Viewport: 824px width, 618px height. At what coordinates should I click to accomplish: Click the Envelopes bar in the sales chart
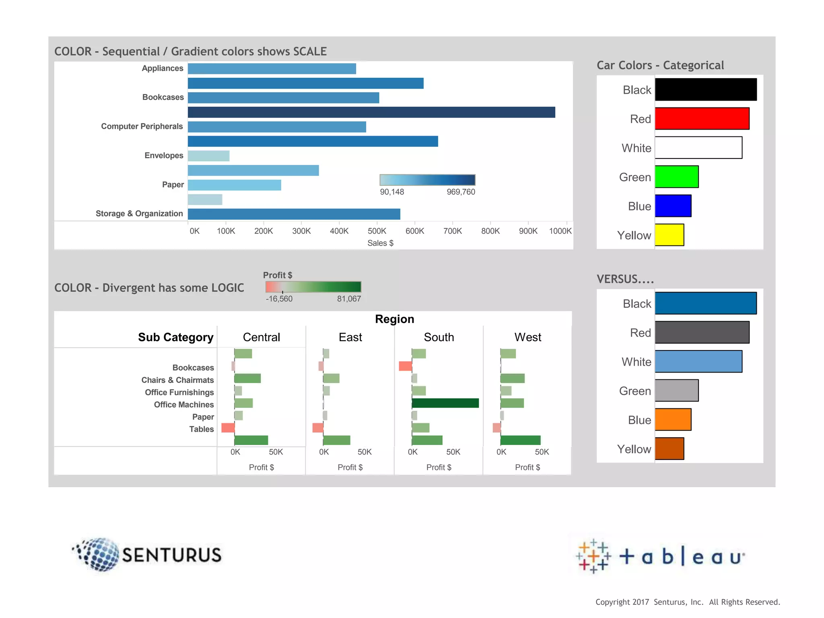click(208, 156)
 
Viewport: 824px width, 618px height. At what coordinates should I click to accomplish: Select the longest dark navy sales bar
click(371, 112)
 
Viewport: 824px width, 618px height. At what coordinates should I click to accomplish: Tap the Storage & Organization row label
click(139, 214)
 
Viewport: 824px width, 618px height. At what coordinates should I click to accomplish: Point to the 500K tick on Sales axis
click(377, 231)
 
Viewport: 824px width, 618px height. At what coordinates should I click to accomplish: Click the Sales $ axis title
click(380, 243)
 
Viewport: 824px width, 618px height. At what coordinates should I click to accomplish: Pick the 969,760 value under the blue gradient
click(461, 192)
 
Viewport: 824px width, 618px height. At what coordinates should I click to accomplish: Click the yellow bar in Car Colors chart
click(669, 235)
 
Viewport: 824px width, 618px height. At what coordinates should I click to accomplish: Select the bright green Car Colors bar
click(676, 177)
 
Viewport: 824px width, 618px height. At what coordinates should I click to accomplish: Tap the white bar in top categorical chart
click(698, 148)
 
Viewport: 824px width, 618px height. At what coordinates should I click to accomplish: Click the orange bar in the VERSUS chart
click(673, 420)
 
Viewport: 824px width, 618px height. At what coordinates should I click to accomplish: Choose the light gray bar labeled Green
click(676, 390)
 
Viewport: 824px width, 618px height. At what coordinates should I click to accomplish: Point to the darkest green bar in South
click(445, 403)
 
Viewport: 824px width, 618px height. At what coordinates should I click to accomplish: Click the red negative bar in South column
click(405, 366)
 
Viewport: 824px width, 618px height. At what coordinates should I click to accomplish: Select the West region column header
click(527, 337)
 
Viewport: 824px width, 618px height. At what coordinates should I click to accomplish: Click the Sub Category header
click(175, 337)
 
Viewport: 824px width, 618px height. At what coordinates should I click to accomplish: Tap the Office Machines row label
click(184, 405)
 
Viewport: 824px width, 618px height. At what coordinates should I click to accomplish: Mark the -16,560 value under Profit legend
click(279, 299)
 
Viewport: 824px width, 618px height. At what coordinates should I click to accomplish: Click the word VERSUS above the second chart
click(625, 279)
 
